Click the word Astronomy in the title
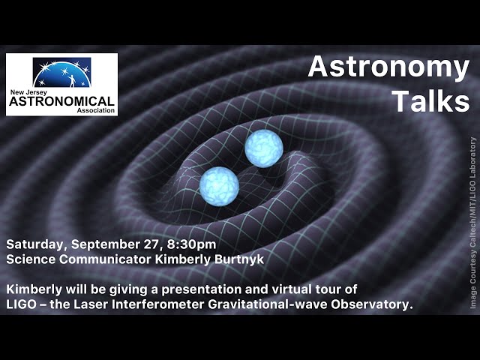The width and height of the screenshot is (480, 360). (388, 68)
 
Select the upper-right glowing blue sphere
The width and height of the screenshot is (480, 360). (263, 148)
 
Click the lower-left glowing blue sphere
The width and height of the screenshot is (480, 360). (219, 184)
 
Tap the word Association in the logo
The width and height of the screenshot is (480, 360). (97, 109)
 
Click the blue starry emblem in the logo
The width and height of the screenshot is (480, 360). (61, 72)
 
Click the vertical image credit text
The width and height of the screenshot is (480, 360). (472, 222)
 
